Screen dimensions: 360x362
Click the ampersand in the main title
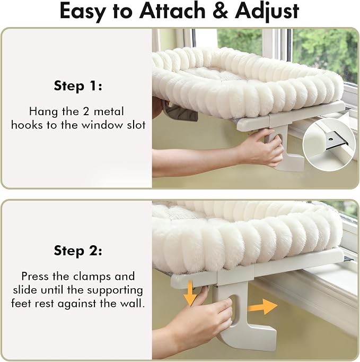tap(221, 11)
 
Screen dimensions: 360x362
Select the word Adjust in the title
tap(267, 12)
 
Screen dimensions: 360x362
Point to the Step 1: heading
tap(78, 86)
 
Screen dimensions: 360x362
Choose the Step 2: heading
tap(78, 251)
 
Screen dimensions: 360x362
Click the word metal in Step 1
tap(109, 111)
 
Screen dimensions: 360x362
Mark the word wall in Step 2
tap(133, 303)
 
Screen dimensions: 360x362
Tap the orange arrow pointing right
tap(262, 307)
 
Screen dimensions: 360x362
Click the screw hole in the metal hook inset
tap(331, 140)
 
